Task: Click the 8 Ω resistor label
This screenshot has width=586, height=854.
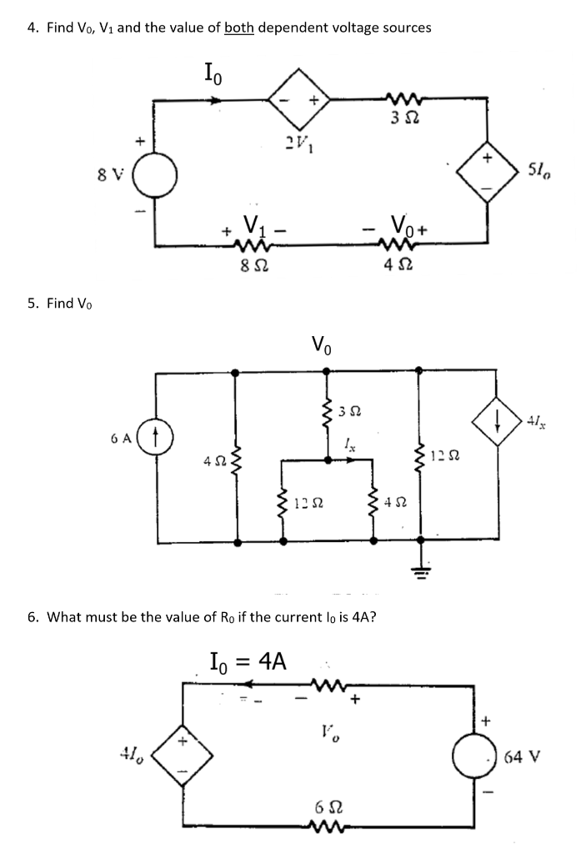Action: tap(243, 269)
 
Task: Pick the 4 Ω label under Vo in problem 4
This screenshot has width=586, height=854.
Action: tap(404, 269)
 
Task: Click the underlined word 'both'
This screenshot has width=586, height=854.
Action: tap(238, 28)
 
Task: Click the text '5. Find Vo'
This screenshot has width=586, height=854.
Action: tap(57, 303)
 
